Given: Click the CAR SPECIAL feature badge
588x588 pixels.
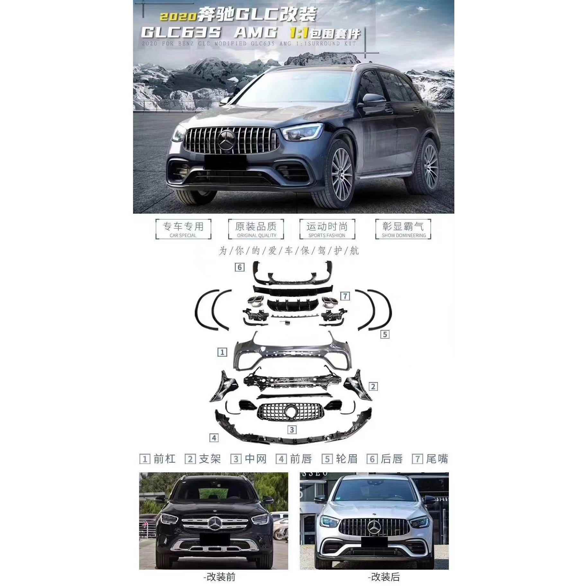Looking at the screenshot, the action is [x=183, y=229].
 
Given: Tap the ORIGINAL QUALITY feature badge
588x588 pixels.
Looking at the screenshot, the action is [x=256, y=229].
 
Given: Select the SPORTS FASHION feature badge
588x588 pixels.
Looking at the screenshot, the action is [x=327, y=229].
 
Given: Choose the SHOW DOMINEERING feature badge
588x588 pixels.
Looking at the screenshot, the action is [x=403, y=229].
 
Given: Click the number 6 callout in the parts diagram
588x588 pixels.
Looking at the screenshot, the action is [x=239, y=267].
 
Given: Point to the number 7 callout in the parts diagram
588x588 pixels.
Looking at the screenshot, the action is [x=345, y=296].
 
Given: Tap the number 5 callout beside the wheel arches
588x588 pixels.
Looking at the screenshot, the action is [x=385, y=334].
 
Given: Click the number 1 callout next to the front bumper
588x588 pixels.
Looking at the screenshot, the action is [x=222, y=352].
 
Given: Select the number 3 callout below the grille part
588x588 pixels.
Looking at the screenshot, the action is [x=292, y=430].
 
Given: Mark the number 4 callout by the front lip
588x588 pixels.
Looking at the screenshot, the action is [x=214, y=438].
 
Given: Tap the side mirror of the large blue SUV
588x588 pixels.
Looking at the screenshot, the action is [x=372, y=100].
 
